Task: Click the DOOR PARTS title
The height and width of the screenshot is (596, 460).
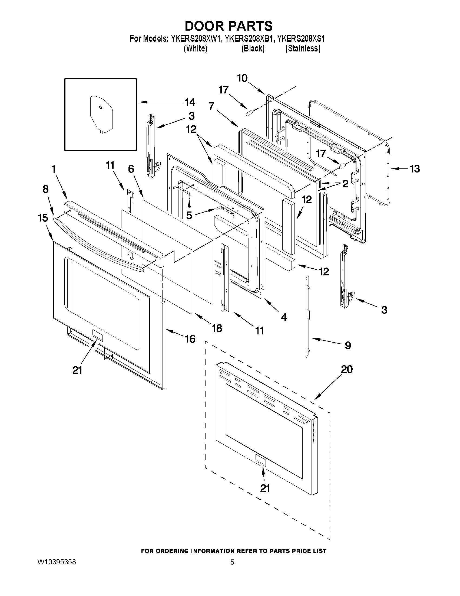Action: pyautogui.click(x=228, y=26)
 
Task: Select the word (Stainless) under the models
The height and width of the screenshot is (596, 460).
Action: pyautogui.click(x=303, y=48)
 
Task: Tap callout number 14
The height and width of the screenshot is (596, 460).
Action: pyautogui.click(x=190, y=102)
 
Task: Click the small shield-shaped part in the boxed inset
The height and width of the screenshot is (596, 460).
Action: pyautogui.click(x=101, y=114)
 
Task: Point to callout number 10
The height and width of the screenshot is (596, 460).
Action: pyautogui.click(x=242, y=78)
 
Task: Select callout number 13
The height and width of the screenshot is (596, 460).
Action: pyautogui.click(x=415, y=169)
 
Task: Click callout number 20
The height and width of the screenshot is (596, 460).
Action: pyautogui.click(x=347, y=369)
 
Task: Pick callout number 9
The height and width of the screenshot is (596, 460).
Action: pyautogui.click(x=348, y=346)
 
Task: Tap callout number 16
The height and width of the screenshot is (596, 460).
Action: pyautogui.click(x=190, y=339)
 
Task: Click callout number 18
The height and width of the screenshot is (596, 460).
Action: pyautogui.click(x=217, y=328)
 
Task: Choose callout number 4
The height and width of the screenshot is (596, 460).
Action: pyautogui.click(x=284, y=317)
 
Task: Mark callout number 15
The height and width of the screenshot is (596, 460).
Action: pyautogui.click(x=43, y=218)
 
